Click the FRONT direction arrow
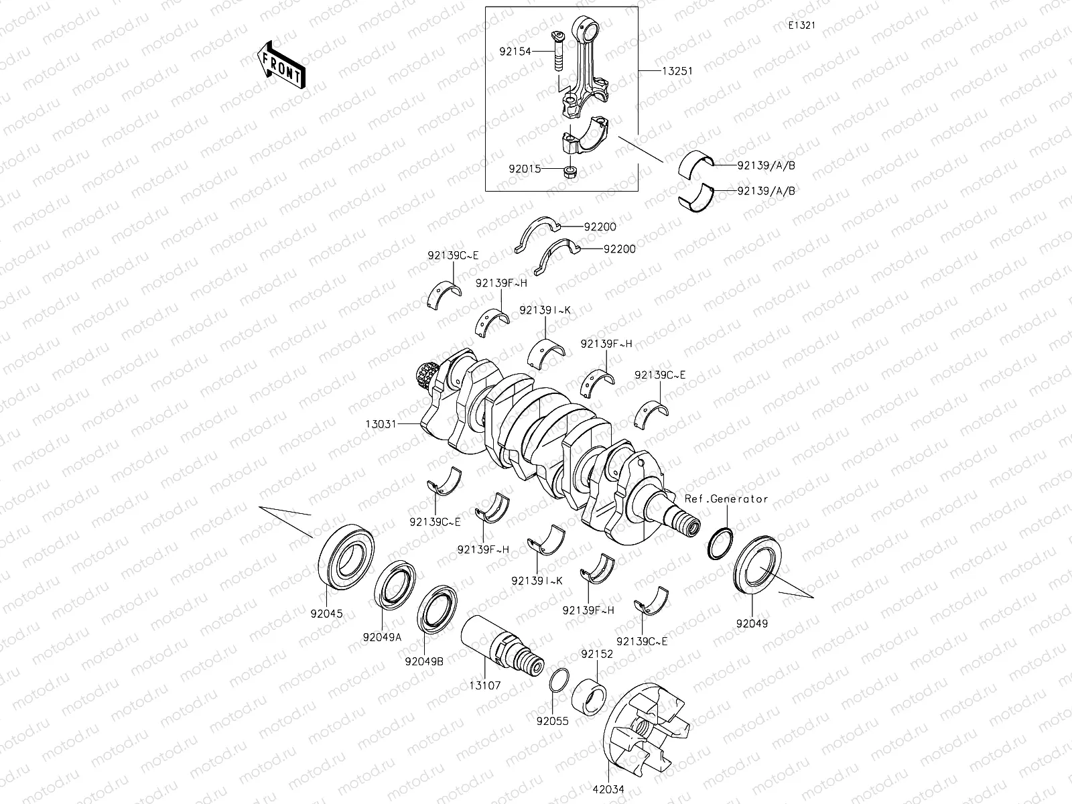point(281,65)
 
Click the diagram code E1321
point(801,25)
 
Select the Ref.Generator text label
point(726,499)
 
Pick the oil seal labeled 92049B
point(438,608)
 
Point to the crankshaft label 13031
point(381,424)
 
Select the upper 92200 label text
point(600,227)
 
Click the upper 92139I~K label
point(545,310)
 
